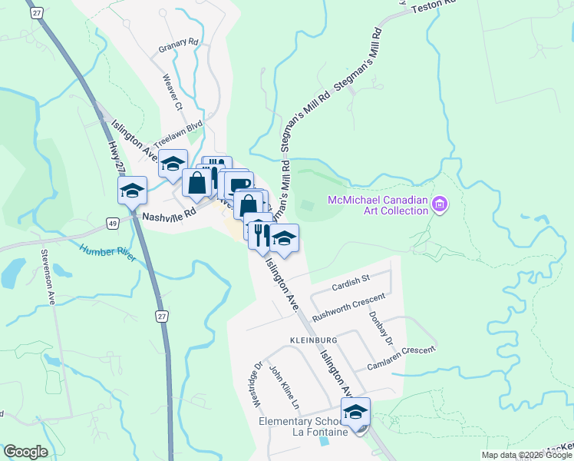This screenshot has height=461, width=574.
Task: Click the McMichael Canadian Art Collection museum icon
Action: point(440,204)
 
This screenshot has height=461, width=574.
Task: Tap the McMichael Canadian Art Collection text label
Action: point(377,205)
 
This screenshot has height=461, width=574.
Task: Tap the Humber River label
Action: point(107,252)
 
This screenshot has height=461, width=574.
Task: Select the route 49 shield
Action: point(113,222)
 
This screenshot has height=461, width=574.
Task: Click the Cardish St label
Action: point(351,287)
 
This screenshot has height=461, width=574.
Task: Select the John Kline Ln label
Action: point(283,386)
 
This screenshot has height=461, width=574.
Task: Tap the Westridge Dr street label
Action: point(257,384)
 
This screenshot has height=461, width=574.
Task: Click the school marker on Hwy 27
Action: point(132,191)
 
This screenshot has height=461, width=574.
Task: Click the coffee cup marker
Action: point(239,185)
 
